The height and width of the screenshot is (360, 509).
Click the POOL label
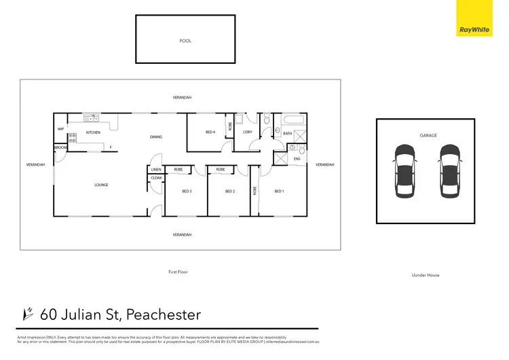coord(185,41)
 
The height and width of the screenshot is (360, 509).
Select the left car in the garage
coord(403,171)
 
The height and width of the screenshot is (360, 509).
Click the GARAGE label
coord(428,136)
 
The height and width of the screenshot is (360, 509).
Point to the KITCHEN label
coord(93,132)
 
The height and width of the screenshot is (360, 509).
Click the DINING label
coord(156,137)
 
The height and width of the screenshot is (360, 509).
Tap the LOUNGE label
coord(101,185)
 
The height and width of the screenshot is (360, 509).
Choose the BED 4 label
coord(210,132)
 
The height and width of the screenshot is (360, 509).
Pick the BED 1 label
coord(279,192)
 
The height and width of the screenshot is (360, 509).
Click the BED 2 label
coord(230,192)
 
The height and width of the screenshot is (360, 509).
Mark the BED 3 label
coord(187,192)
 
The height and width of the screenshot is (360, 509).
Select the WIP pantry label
coord(60,129)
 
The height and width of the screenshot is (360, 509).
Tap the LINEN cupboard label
coord(156,169)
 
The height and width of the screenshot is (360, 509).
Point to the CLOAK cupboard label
coord(156,179)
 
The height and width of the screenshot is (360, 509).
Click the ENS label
coord(297,160)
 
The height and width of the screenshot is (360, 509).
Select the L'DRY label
coord(247,132)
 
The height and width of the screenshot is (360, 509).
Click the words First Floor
coord(178,272)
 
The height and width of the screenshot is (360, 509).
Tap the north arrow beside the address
coord(29,314)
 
